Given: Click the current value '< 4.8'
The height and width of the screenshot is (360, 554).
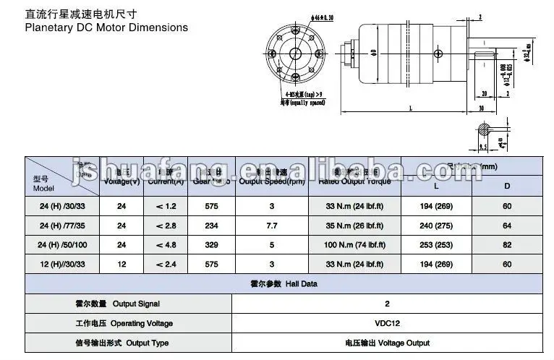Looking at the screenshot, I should pos(166,245).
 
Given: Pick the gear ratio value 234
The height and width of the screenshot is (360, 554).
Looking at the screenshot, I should pos(212,226).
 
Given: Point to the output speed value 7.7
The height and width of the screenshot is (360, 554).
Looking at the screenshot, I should pos(273,226).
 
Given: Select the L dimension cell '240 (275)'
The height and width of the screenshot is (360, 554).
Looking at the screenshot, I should pos(436,226).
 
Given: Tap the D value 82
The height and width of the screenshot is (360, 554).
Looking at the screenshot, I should pos(507,245).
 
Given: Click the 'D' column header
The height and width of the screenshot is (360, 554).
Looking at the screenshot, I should pos(507,186).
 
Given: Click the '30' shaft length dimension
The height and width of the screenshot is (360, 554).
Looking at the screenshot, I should pos(481,108).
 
